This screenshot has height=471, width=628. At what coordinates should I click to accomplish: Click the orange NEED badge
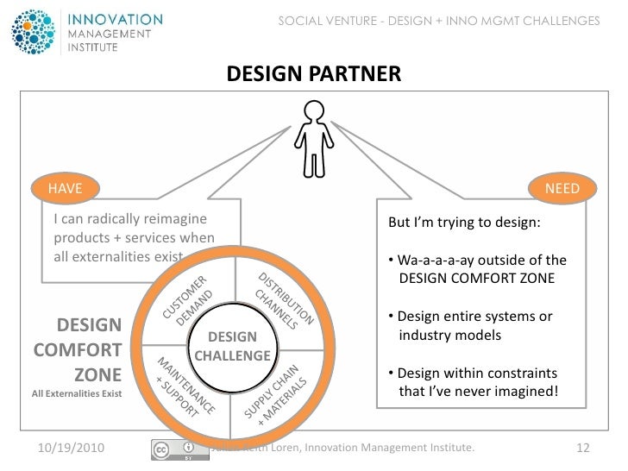[x=562, y=188]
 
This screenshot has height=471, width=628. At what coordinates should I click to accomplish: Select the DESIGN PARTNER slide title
[x=313, y=75]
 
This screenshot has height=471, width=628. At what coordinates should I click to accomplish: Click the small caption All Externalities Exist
[x=77, y=395]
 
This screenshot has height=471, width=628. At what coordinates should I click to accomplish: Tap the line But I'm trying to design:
[x=464, y=222]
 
